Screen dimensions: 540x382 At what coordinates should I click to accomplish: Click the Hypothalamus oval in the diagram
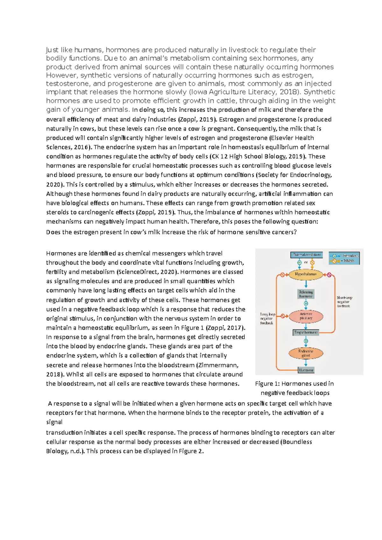pos(306,274)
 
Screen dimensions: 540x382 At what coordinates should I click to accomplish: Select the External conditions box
pos(307,255)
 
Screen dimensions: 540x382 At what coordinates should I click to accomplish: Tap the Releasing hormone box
pos(306,294)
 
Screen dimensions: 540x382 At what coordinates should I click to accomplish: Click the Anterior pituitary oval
pos(306,316)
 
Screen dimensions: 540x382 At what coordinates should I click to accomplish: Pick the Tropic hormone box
pos(306,332)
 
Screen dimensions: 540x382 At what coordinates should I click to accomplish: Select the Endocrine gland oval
pos(306,353)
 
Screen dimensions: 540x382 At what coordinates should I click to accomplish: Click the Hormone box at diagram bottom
pos(306,370)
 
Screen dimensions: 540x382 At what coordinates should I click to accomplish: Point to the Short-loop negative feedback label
pos(344,302)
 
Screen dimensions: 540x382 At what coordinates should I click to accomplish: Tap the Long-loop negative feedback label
pos(267,318)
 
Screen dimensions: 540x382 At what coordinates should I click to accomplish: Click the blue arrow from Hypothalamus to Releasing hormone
pos(306,284)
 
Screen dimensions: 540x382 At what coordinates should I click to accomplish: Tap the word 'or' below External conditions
pos(306,263)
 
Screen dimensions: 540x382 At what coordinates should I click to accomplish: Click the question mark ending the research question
pos(295,232)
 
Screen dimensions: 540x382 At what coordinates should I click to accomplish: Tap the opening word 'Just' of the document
pos(53,50)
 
